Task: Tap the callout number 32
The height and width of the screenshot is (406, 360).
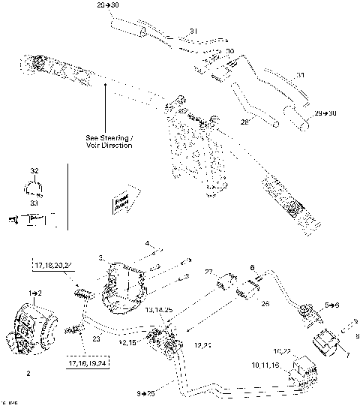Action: (x=34, y=171)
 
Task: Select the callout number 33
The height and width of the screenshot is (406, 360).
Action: (x=34, y=203)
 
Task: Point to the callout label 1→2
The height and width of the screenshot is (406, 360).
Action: (x=34, y=290)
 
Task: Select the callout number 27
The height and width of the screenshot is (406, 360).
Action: (x=209, y=272)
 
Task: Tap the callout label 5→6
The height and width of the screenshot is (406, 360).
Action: (x=311, y=306)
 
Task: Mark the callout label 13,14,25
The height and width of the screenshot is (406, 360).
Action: (x=159, y=310)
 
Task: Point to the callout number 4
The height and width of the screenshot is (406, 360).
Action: (x=148, y=243)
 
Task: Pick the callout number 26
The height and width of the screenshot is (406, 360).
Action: (x=263, y=305)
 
